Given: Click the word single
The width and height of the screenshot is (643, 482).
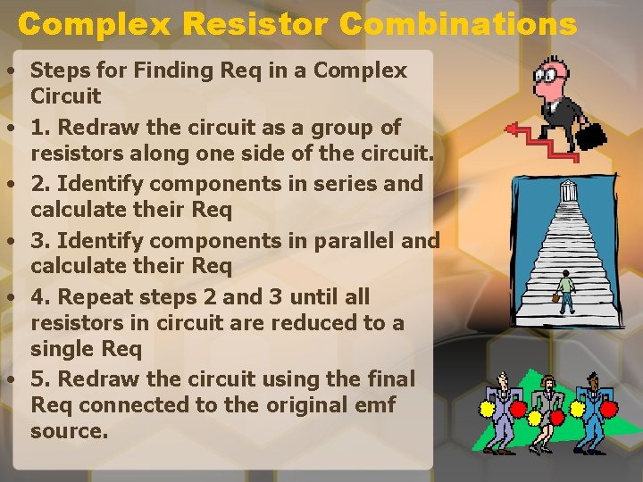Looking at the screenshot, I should pos(63,348).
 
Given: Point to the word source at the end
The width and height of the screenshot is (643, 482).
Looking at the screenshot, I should pos(67,431).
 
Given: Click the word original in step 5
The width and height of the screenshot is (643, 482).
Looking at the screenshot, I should pos(289,404).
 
